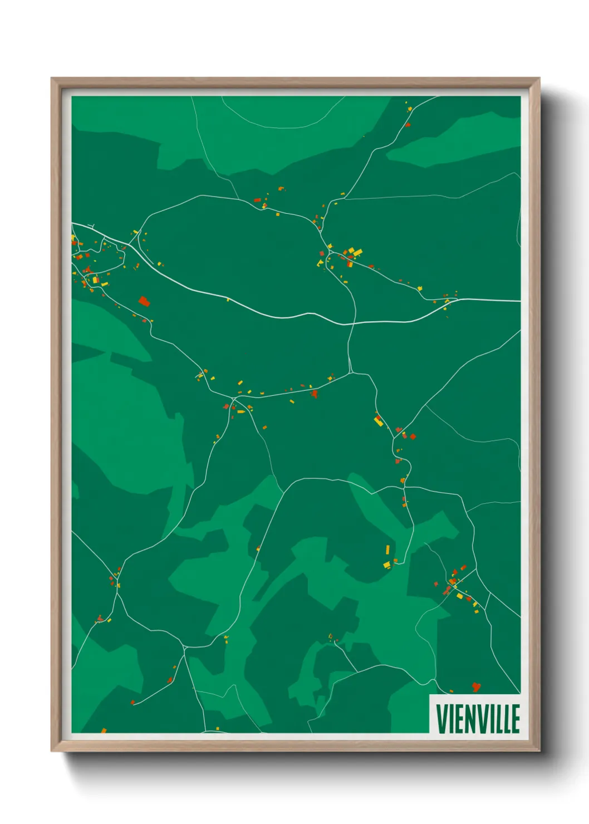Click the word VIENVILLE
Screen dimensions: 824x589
pos(478,718)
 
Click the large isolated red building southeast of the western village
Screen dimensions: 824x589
pos(144,302)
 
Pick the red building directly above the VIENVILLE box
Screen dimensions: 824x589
pos(475,686)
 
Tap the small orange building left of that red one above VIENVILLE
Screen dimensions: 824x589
pos(451,691)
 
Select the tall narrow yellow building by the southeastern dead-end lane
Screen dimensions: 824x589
pos(387,550)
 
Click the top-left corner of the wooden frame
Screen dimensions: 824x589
pos(52,79)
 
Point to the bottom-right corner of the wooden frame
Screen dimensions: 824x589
pos(539,751)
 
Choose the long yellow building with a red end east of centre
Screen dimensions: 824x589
pos(378,420)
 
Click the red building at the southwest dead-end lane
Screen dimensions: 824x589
pos(132,703)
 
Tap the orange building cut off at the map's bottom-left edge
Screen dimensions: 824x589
pos(104,730)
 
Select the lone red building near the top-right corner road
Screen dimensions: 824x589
pos(407,125)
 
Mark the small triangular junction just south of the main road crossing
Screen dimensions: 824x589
pos(351,370)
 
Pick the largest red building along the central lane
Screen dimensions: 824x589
pos(315,394)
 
